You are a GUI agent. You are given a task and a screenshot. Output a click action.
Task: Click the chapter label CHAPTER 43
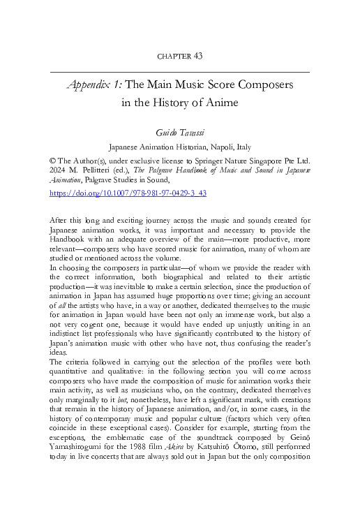(179, 55)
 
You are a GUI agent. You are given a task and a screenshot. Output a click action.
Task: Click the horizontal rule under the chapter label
(179, 71)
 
